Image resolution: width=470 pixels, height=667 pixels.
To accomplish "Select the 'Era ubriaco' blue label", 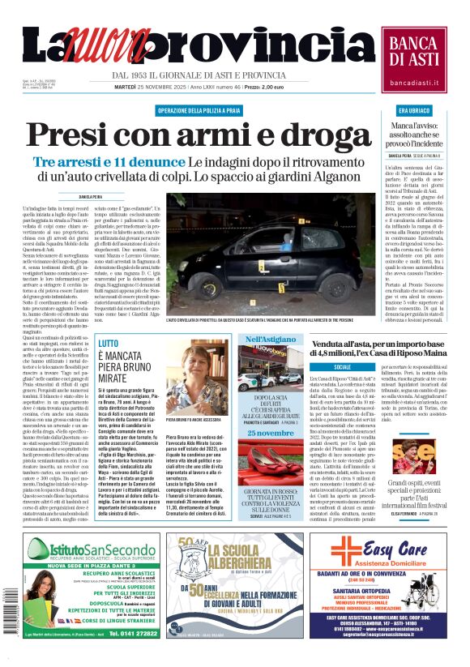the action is (x=413, y=109).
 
